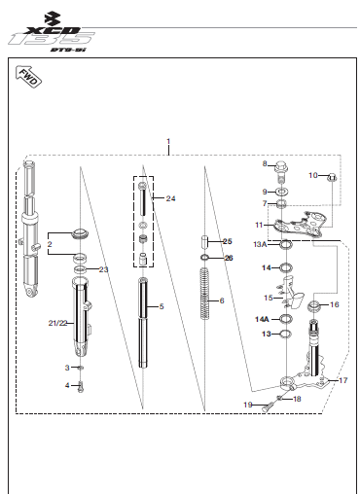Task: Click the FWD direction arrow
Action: (x=29, y=77)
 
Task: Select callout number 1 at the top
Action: (x=168, y=142)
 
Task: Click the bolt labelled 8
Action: (x=281, y=170)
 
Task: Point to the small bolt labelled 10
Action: (x=332, y=177)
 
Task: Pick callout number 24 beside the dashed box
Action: (x=170, y=198)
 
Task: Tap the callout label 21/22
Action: (x=57, y=323)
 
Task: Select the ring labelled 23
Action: (x=80, y=269)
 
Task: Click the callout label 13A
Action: (x=260, y=244)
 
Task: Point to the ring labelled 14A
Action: (x=286, y=319)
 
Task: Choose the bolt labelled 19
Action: (x=268, y=406)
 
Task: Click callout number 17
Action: (x=343, y=380)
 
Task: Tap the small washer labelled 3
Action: (x=82, y=368)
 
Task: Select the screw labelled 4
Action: (x=81, y=386)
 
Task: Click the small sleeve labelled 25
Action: (x=204, y=241)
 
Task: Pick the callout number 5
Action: (x=162, y=306)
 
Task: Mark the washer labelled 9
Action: (x=281, y=192)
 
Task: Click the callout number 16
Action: (x=335, y=304)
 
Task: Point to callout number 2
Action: (x=50, y=244)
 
